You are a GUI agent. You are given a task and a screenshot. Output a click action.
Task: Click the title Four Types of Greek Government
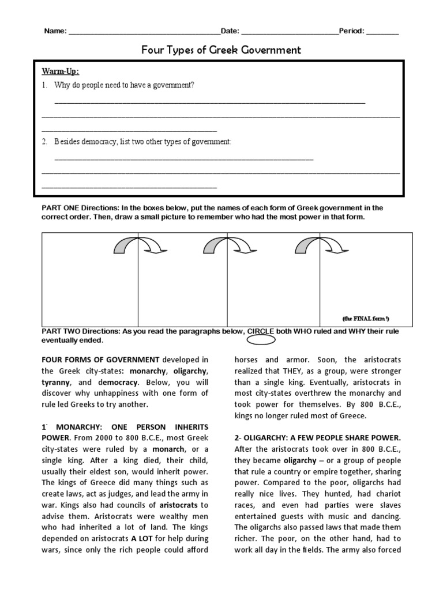click(221, 50)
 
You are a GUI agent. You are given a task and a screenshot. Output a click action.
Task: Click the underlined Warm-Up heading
click(60, 71)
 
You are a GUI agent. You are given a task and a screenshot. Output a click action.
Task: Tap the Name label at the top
click(55, 31)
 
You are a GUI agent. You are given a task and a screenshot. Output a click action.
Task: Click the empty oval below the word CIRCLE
click(265, 339)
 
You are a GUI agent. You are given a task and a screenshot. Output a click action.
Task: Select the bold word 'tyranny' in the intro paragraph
click(57, 382)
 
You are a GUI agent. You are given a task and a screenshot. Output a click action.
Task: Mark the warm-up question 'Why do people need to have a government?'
click(125, 85)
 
